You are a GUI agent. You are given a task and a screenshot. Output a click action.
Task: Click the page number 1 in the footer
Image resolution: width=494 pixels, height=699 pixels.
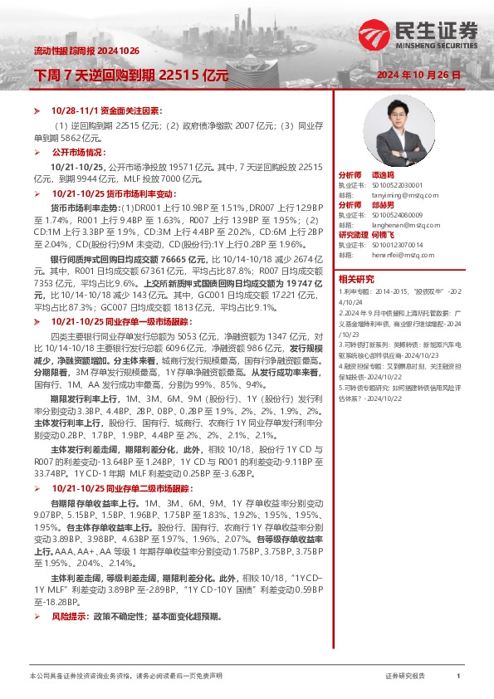pos(458,677)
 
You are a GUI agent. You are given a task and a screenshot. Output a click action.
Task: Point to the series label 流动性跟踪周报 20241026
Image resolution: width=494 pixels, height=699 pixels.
pos(86,51)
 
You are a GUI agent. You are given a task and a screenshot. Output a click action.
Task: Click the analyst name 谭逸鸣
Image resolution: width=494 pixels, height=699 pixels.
pos(381,176)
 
